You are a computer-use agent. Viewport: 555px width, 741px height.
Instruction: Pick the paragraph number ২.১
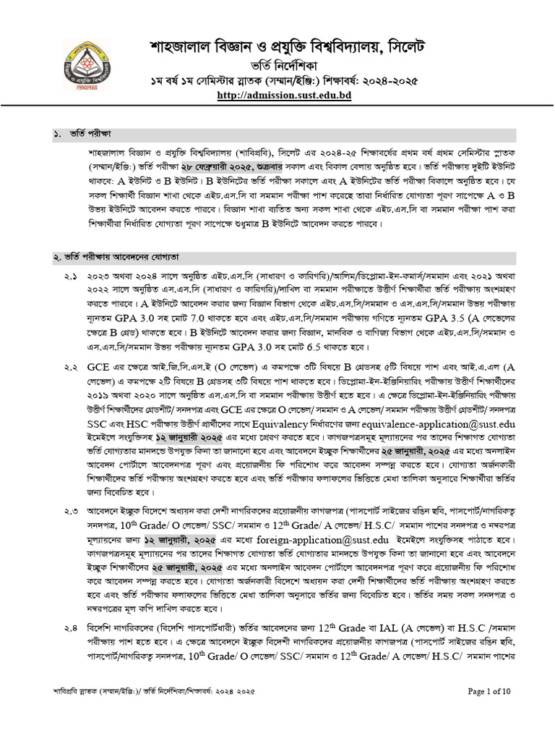point(70,276)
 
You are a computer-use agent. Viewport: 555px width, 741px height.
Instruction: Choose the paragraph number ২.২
point(70,369)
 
